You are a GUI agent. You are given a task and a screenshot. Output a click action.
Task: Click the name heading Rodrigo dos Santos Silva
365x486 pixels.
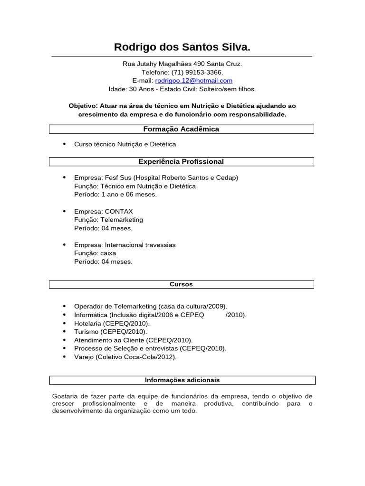click(182, 47)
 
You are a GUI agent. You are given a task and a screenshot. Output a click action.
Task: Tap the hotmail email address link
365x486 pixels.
click(193, 81)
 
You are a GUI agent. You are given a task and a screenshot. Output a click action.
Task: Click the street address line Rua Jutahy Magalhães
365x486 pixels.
click(182, 64)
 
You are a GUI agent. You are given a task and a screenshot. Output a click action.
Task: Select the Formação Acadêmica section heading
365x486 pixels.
click(181, 129)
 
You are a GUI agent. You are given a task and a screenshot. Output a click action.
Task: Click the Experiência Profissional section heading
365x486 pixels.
click(181, 162)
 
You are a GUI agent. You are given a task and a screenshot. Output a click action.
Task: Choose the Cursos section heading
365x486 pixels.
click(181, 284)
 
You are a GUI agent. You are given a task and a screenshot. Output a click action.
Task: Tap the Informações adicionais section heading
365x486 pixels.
click(182, 380)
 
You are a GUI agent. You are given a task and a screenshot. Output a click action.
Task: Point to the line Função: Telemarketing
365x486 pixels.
click(108, 220)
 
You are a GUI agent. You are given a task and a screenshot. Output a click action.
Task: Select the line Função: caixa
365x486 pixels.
click(95, 253)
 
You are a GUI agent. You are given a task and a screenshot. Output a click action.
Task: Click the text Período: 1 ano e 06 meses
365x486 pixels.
click(115, 195)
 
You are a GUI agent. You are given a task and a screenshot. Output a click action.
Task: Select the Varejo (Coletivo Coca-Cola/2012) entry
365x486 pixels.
click(125, 357)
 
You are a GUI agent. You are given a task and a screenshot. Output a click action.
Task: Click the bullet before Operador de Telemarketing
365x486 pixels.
click(64, 306)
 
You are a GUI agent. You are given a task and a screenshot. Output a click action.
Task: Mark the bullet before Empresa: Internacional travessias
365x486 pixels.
click(64, 245)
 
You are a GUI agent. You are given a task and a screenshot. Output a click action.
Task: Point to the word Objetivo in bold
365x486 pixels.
click(83, 106)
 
